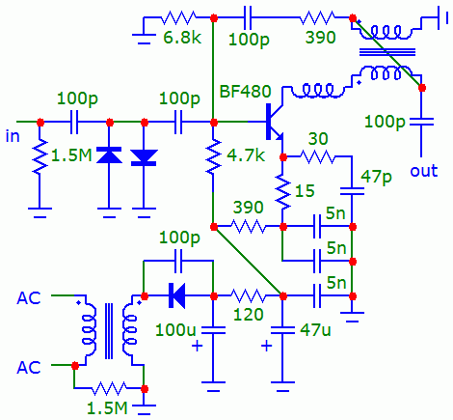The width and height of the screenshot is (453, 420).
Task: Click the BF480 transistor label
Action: pos(245,92)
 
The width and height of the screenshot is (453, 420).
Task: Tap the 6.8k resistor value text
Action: pos(182,38)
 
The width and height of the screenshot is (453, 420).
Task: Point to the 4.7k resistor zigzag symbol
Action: pos(213,156)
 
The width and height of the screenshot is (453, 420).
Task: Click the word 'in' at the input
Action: pos(13,136)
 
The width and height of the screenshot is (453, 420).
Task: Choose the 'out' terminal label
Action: pos(424,171)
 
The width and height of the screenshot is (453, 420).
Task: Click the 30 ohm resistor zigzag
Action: pos(317,157)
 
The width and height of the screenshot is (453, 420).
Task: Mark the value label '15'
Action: pos(305,191)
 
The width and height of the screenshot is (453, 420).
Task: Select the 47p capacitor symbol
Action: pos(352,191)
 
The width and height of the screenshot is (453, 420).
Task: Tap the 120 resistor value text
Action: pos(249,314)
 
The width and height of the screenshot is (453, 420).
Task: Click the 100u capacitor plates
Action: pos(213,330)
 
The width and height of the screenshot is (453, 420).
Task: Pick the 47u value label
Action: pos(315,330)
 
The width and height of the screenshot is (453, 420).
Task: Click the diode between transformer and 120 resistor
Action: pos(176,295)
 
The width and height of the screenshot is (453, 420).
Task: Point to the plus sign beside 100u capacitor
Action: pos(197,347)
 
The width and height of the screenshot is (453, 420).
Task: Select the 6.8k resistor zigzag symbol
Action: pos(178,18)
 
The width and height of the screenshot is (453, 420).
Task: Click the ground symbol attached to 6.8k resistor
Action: pos(144,38)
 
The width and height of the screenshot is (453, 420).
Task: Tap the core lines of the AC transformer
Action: pos(109,331)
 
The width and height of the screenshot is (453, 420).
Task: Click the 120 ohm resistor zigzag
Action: pos(249,295)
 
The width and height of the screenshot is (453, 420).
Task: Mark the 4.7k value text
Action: pos(246,155)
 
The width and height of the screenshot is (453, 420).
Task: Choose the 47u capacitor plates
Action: pos(282,330)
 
